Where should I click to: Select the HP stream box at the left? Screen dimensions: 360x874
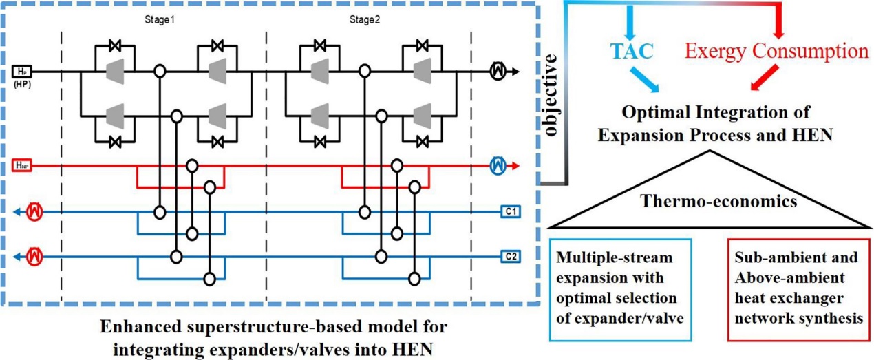tap(19, 71)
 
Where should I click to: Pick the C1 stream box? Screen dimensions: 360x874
tap(510, 212)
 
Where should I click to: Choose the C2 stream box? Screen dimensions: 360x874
tap(510, 257)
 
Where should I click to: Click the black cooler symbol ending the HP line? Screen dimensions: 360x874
tap(498, 71)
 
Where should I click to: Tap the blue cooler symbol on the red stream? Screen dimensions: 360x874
tap(498, 165)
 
